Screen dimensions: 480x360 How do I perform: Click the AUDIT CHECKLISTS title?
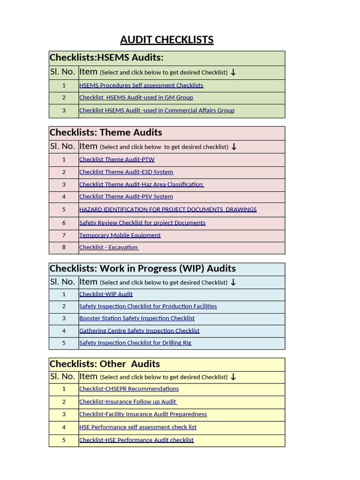(167, 40)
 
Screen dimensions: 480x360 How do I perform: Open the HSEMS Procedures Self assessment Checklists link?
(141, 85)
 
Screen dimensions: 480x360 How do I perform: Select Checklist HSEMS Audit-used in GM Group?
(136, 97)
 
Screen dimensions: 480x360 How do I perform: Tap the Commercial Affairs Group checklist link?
(157, 111)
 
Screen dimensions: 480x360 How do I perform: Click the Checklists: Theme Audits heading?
(106, 133)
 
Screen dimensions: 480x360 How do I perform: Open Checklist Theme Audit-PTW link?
(117, 159)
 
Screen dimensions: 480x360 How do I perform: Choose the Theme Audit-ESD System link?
(126, 172)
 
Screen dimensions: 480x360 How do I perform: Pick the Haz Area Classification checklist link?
(141, 185)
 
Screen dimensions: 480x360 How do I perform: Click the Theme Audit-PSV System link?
(126, 197)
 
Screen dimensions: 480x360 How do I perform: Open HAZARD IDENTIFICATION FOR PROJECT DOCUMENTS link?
(168, 210)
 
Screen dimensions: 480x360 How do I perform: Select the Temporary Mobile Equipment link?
(120, 235)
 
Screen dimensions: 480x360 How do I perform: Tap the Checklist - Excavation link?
(109, 247)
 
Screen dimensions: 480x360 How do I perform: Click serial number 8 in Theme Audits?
(64, 247)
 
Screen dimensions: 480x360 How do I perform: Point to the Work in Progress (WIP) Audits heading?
(142, 269)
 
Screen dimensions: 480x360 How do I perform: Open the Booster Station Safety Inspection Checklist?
(137, 318)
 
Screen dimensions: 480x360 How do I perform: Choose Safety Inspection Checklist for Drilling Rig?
(135, 343)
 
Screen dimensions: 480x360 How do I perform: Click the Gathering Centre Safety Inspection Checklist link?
(139, 330)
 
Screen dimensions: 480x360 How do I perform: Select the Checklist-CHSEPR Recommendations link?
(129, 389)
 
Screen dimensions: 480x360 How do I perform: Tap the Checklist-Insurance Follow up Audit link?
(127, 402)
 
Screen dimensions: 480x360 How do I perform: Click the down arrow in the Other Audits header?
(233, 377)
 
